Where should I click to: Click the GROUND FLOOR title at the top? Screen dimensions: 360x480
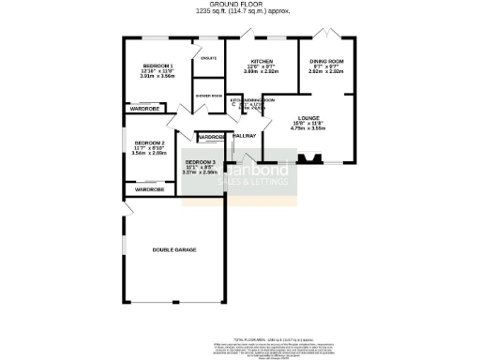(242, 5)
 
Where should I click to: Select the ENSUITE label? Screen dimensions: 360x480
(209, 58)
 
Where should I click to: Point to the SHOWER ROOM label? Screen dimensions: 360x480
(208, 97)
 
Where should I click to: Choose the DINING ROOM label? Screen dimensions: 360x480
(327, 60)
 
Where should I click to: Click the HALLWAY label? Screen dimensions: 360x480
(244, 136)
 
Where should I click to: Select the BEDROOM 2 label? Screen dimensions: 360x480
(149, 142)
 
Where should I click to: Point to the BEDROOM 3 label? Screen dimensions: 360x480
(200, 161)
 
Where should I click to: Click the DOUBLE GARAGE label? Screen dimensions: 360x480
(174, 249)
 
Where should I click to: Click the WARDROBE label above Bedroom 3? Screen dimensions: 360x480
(211, 138)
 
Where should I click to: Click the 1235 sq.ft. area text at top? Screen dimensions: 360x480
(242, 12)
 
